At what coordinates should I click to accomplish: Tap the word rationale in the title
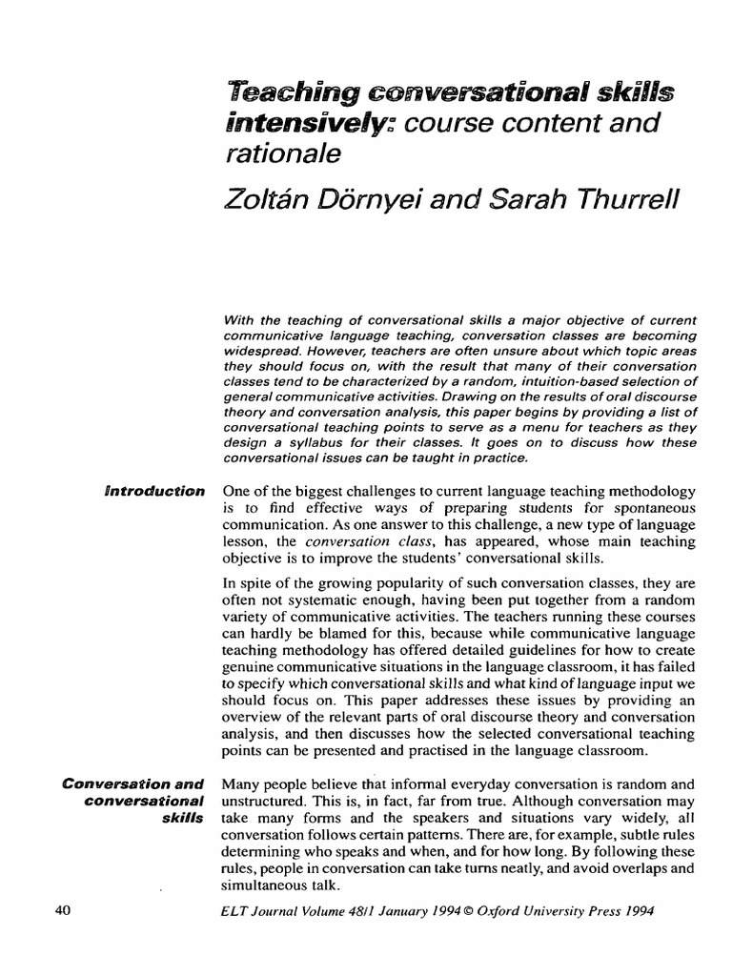pos(270,155)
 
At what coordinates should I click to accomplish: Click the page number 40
pos(64,910)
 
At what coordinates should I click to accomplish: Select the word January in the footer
pos(389,911)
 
